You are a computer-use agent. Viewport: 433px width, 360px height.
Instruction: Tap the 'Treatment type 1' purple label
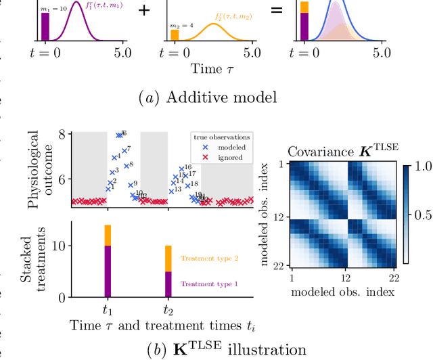click(x=209, y=284)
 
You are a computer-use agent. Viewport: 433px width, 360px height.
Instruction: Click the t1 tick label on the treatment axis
click(x=107, y=309)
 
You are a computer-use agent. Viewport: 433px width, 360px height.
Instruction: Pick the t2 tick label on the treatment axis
click(x=168, y=309)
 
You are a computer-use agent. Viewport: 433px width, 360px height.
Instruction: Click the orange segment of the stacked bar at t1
click(x=107, y=235)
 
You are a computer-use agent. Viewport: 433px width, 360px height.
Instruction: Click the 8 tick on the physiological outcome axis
click(x=62, y=134)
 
